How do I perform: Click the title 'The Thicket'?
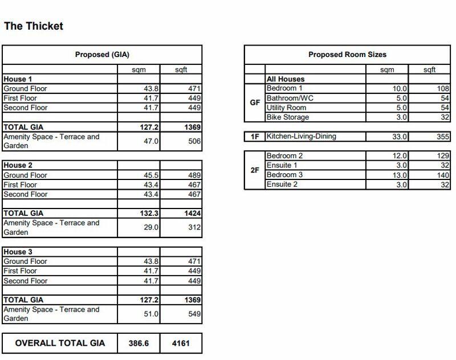click(x=33, y=26)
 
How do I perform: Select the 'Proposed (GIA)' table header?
click(x=102, y=55)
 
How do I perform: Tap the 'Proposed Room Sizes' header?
click(x=347, y=55)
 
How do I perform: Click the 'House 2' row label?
click(x=18, y=166)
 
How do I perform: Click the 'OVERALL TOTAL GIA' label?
click(x=59, y=343)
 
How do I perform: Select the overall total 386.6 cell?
click(x=139, y=343)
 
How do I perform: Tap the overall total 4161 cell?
click(x=181, y=343)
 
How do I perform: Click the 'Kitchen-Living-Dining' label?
click(x=302, y=137)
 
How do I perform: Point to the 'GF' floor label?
click(x=255, y=103)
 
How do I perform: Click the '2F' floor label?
click(x=255, y=170)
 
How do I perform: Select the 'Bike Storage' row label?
click(x=288, y=117)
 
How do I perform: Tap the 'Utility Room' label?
click(x=286, y=108)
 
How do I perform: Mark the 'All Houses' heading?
click(x=286, y=79)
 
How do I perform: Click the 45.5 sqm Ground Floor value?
click(x=148, y=175)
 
